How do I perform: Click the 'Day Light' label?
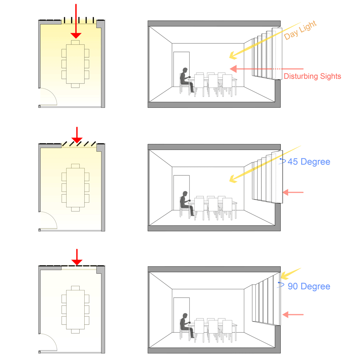[x=300, y=30]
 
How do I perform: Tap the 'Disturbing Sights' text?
[x=312, y=76]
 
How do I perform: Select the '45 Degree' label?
[x=309, y=162]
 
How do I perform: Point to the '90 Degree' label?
[x=309, y=286]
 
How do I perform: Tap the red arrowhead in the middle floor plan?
[x=77, y=140]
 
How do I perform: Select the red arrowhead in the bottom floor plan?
[x=77, y=262]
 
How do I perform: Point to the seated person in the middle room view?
[x=185, y=203]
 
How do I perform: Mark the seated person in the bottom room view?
[x=185, y=326]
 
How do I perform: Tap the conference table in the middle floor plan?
[x=75, y=188]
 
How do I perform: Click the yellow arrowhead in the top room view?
[x=233, y=55]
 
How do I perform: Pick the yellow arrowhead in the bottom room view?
[x=285, y=275]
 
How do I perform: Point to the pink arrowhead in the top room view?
[x=233, y=69]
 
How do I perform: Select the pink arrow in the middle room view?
[x=293, y=192]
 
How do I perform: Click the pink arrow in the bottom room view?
[x=293, y=315]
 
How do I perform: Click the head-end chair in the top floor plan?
[x=75, y=42]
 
